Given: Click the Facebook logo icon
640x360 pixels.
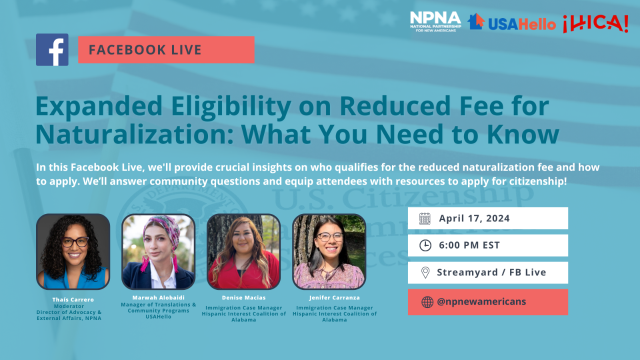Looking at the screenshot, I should (52, 49).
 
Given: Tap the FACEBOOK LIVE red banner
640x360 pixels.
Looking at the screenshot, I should (166, 49).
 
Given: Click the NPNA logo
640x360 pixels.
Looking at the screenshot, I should (435, 21).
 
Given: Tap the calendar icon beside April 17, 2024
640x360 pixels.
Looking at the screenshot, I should (425, 218).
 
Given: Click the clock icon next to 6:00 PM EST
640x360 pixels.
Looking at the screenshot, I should (425, 245).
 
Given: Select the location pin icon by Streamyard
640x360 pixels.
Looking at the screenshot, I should (425, 272).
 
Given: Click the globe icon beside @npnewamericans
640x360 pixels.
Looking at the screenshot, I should (427, 302).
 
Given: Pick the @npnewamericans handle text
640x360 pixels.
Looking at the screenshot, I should (481, 302).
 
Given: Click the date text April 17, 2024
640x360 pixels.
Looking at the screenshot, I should (474, 218).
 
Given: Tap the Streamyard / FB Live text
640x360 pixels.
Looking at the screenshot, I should (491, 272).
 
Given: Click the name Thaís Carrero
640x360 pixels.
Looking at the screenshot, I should (73, 299).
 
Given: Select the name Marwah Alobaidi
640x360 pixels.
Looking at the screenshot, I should (158, 297).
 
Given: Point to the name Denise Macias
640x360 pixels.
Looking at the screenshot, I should (243, 297).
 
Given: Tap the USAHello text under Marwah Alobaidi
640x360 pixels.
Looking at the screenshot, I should (158, 316).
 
